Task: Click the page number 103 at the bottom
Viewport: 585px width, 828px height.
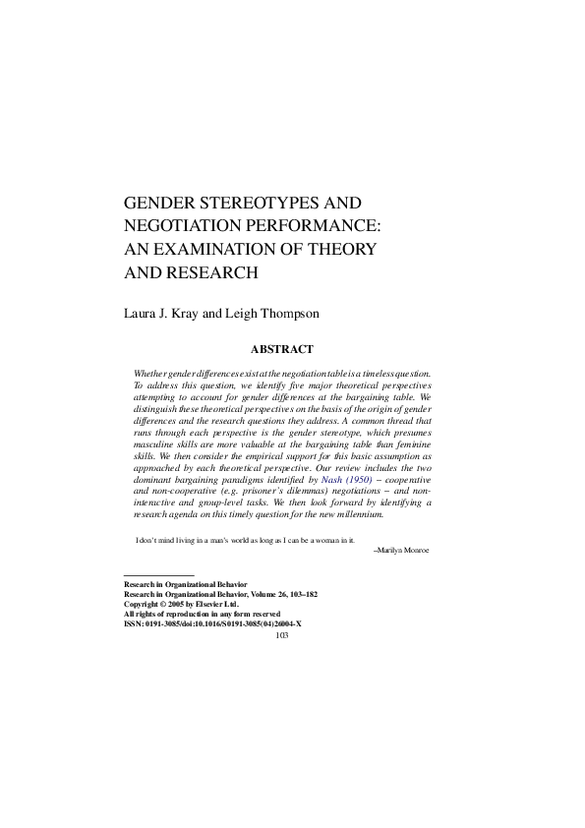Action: click(x=282, y=634)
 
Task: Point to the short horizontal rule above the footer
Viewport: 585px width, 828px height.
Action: click(x=158, y=574)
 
